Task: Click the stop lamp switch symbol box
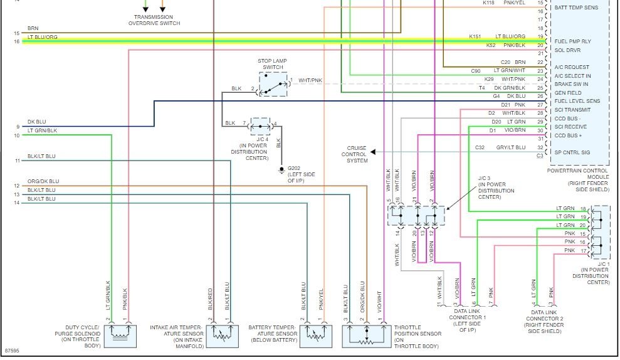tap(273, 84)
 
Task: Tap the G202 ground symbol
tap(281, 170)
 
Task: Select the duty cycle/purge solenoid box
tap(120, 336)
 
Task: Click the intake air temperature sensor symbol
tap(222, 336)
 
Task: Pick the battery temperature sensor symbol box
tap(315, 336)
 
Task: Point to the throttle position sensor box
tap(367, 336)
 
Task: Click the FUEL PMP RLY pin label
tap(572, 41)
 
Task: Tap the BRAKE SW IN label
tap(571, 84)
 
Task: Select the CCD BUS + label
tap(568, 135)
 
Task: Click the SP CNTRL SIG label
tap(572, 152)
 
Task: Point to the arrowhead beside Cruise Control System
tap(373, 152)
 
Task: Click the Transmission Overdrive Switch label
tap(154, 20)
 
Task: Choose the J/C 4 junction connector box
tap(261, 127)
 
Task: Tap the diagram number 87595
tap(12, 351)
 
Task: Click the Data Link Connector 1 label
tap(467, 321)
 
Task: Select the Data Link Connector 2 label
tap(544, 322)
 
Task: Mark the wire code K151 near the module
tap(475, 36)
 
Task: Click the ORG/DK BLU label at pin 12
tap(43, 181)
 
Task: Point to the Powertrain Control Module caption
tap(578, 180)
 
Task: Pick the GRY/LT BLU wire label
tap(511, 147)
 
